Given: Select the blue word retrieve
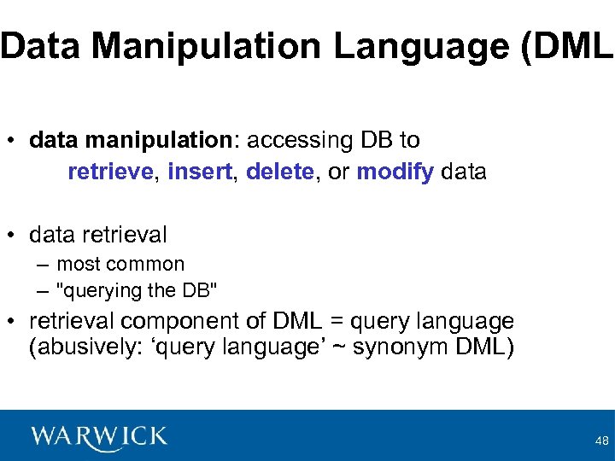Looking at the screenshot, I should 110,172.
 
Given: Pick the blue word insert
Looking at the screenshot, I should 200,172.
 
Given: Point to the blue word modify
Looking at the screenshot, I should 395,172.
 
